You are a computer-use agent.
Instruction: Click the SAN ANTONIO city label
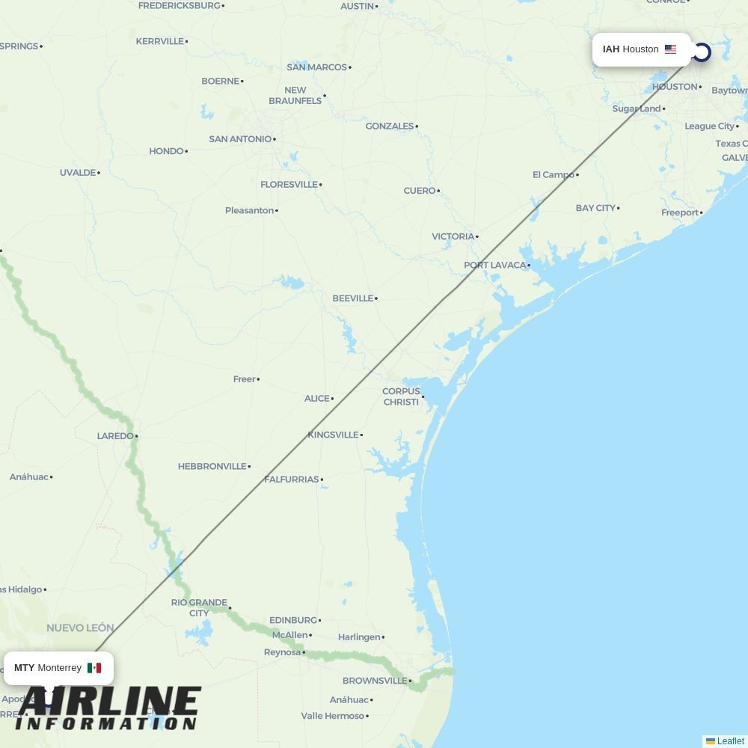(240, 139)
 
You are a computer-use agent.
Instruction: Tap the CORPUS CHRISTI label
(401, 396)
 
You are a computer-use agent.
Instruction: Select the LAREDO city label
(114, 435)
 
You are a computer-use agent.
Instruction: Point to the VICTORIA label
(453, 236)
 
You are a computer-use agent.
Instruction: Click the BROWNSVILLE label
(375, 681)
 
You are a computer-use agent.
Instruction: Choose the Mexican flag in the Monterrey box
(94, 668)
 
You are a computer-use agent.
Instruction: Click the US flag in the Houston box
(670, 49)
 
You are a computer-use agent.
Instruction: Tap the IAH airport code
(611, 49)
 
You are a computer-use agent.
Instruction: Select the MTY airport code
(24, 668)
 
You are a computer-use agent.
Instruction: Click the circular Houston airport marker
(702, 52)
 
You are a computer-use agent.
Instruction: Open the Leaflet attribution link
(730, 741)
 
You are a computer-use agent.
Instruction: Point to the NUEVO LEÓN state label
(80, 628)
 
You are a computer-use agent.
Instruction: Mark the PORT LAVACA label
(495, 265)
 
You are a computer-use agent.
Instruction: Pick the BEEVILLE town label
(352, 298)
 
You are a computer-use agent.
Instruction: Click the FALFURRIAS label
(291, 479)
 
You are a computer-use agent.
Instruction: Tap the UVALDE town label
(78, 173)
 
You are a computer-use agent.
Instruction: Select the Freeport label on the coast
(679, 212)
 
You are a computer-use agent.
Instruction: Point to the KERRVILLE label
(159, 41)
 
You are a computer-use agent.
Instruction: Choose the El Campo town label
(554, 175)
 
